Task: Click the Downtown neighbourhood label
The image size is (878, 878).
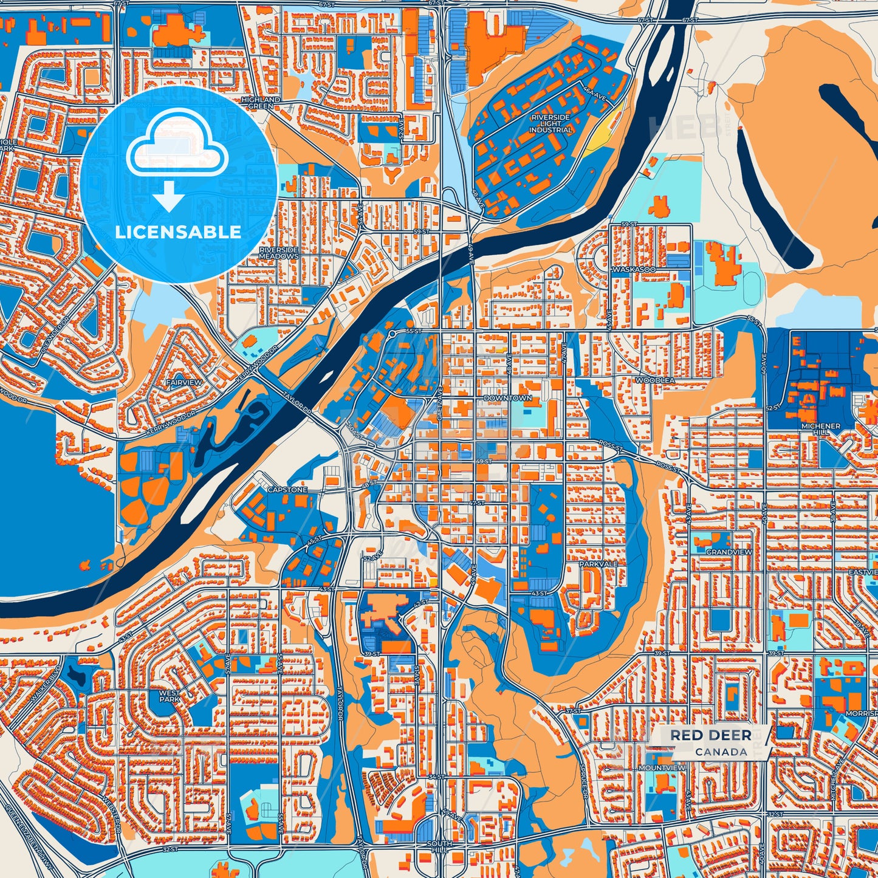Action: click(x=508, y=398)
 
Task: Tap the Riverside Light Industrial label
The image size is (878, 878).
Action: click(x=550, y=123)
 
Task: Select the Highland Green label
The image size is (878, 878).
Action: click(x=261, y=103)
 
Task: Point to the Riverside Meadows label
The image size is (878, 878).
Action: click(x=279, y=253)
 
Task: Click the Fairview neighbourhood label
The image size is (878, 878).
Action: click(x=183, y=383)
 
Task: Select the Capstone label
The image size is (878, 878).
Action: click(x=287, y=490)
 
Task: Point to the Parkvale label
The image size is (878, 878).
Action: click(x=598, y=564)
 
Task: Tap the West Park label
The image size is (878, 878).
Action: click(x=170, y=696)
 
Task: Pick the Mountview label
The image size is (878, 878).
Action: click(x=662, y=768)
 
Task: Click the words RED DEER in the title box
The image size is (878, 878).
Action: click(x=711, y=736)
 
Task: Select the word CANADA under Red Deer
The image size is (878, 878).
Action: click(x=721, y=752)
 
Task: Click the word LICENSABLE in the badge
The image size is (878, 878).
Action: click(x=178, y=232)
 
